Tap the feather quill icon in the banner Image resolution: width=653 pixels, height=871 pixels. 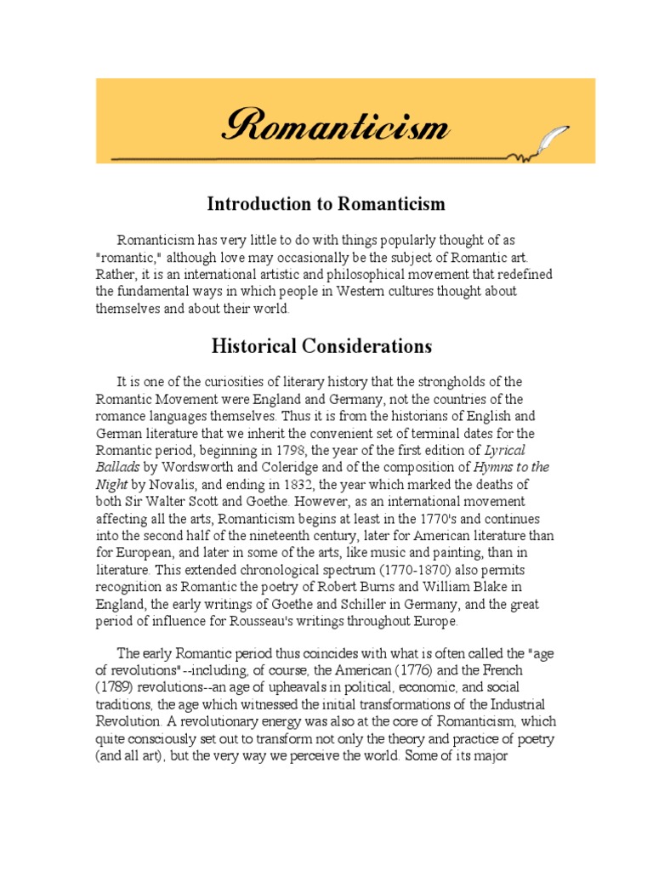[x=551, y=138]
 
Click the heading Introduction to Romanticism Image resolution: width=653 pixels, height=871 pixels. [x=326, y=204]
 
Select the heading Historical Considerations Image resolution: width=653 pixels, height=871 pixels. [x=321, y=346]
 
